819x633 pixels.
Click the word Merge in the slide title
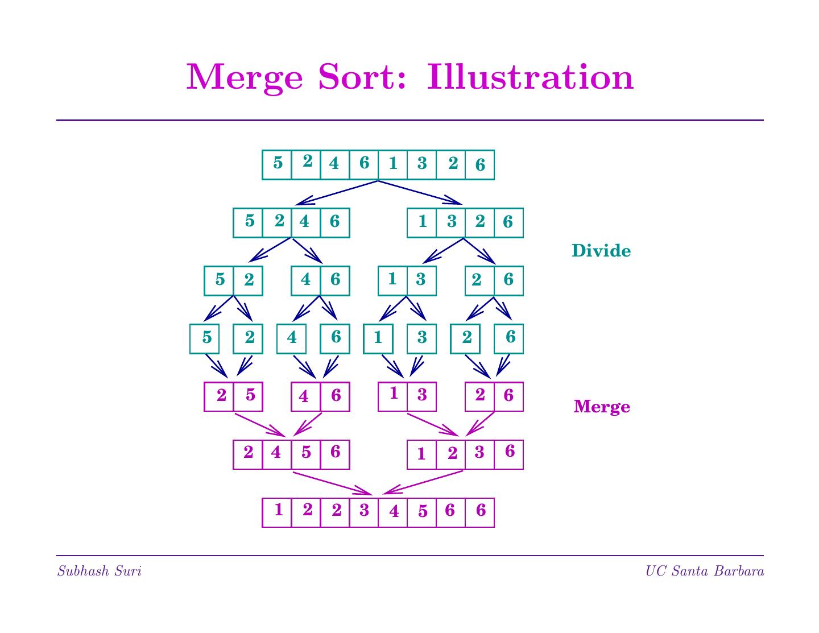coord(245,77)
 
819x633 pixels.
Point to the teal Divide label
coord(601,251)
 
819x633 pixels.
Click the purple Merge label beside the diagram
coord(602,407)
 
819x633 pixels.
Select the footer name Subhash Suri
coord(99,571)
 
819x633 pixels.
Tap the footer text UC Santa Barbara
coord(704,571)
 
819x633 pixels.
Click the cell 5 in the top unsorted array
coord(277,164)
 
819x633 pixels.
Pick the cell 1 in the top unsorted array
coord(393,164)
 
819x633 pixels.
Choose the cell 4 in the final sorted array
coord(393,512)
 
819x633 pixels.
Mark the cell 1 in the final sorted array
coord(277,512)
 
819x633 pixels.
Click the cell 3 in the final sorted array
coord(364,512)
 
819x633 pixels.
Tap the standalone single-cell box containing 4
coord(291,338)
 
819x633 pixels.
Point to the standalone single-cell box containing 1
coord(378,338)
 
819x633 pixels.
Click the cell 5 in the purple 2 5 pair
coord(248,396)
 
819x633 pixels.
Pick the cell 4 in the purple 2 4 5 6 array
coord(277,454)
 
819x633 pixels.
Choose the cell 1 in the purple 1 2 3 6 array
coord(421,454)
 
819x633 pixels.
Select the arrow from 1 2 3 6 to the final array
coord(423,482)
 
